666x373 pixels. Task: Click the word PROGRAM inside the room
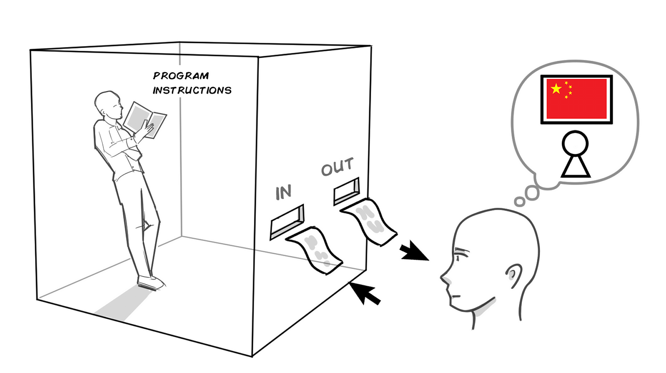181,76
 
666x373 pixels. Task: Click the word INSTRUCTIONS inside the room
192,90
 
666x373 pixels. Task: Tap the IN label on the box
283,192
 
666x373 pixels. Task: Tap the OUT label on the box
337,167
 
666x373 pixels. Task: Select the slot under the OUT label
346,190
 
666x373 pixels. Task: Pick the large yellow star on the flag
556,88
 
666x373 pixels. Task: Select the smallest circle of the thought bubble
520,201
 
